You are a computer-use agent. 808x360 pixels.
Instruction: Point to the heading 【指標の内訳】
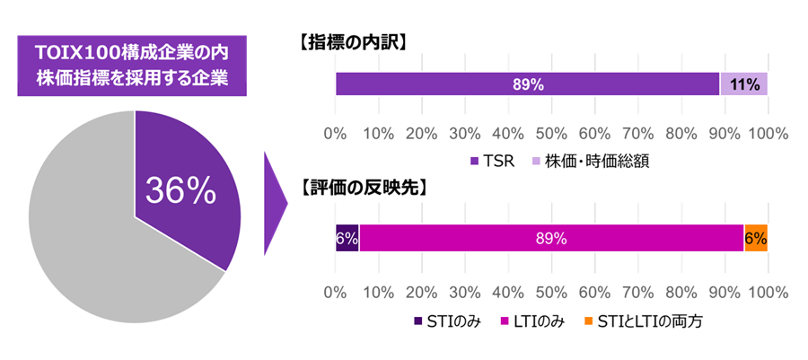click(352, 41)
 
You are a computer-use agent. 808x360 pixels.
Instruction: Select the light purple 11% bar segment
click(744, 84)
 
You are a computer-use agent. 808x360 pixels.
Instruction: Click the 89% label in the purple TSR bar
click(528, 84)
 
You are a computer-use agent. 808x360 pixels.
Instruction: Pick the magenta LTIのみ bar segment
click(551, 238)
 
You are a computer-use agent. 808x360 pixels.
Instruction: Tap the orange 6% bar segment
click(756, 238)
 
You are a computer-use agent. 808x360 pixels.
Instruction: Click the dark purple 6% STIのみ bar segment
click(347, 238)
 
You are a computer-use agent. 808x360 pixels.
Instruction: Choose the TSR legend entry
click(492, 162)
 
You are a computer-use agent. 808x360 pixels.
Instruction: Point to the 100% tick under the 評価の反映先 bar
click(768, 292)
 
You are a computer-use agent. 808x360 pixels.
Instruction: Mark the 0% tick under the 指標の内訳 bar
click(335, 134)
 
